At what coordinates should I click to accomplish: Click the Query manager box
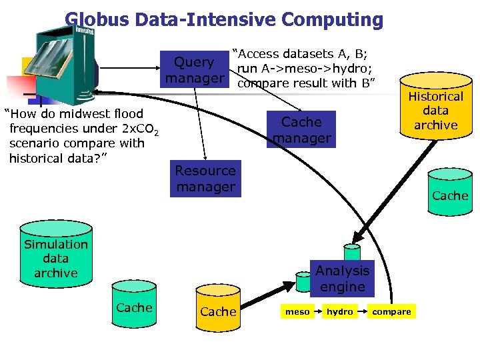(x=194, y=71)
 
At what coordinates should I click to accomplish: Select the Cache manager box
(x=301, y=130)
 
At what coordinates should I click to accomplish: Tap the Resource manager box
(x=205, y=179)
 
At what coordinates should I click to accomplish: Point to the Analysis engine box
(x=342, y=279)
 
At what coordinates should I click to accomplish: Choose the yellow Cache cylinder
(x=218, y=309)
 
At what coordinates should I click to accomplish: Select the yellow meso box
(x=297, y=311)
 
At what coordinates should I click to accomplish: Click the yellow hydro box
(x=339, y=311)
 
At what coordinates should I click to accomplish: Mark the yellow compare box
(x=391, y=311)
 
